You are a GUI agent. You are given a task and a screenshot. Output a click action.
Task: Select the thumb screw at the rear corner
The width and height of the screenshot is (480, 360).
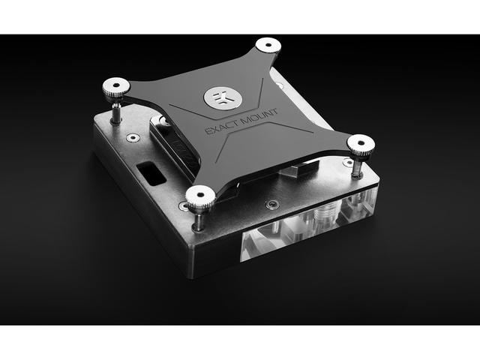pos(268,45)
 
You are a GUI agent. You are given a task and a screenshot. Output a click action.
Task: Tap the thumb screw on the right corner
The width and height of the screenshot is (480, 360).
pos(361,144)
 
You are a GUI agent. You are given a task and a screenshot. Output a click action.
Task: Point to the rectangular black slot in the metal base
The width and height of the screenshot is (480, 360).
pos(151,173)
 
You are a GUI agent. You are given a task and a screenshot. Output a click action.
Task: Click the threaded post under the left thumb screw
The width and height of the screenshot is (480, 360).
pos(116,112)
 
